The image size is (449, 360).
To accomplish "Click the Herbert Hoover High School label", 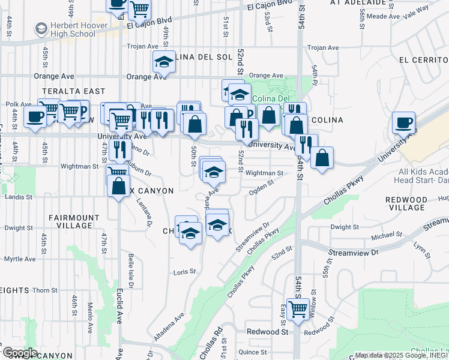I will click(x=73, y=29).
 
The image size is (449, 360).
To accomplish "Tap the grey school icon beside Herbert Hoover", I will click(x=41, y=28).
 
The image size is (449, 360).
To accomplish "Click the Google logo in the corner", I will click(x=20, y=353).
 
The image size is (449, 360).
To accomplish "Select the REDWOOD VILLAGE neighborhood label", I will click(x=406, y=203).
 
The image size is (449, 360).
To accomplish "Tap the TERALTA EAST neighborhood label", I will click(x=65, y=91).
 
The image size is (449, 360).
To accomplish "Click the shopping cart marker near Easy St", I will click(x=298, y=310).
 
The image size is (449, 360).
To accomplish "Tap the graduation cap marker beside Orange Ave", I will click(x=163, y=62).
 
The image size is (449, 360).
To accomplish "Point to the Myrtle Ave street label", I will click(x=20, y=259).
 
